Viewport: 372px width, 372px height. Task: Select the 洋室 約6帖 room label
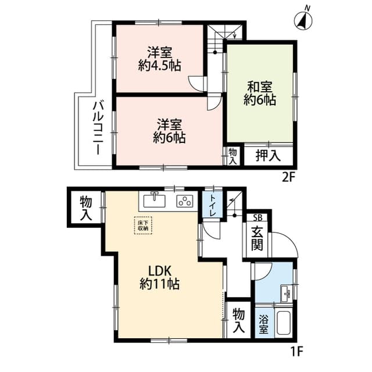(169, 131)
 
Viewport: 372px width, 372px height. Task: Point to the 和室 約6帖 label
(260, 93)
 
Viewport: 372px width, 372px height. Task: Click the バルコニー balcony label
(97, 127)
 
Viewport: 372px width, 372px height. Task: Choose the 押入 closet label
(268, 155)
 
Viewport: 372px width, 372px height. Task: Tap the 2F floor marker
(289, 177)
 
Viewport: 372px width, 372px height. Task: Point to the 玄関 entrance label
(257, 238)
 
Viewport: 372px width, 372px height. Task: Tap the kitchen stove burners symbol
(185, 202)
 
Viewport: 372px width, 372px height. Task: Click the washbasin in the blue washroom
(285, 294)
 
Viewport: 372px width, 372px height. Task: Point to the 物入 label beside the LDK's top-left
(85, 208)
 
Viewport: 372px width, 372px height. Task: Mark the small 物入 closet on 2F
(233, 155)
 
